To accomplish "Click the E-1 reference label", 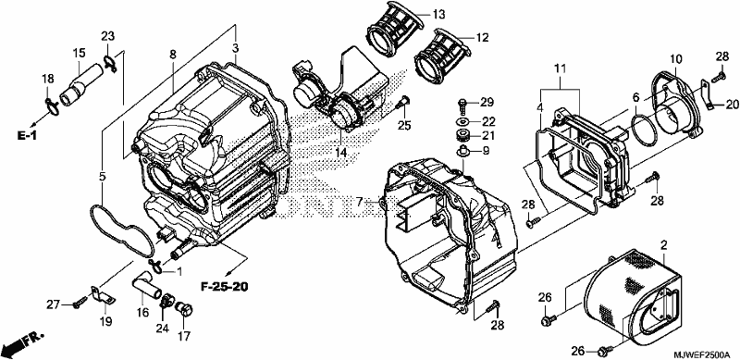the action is coord(27,136).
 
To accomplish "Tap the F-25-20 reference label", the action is coord(224,286).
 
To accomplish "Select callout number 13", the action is coord(438,15).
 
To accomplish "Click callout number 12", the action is coord(482,37).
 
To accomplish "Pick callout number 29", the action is coord(487,102).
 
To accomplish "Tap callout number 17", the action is coord(183,336).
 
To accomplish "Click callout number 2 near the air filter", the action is coord(664,245).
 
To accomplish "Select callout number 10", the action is coord(676,59).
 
